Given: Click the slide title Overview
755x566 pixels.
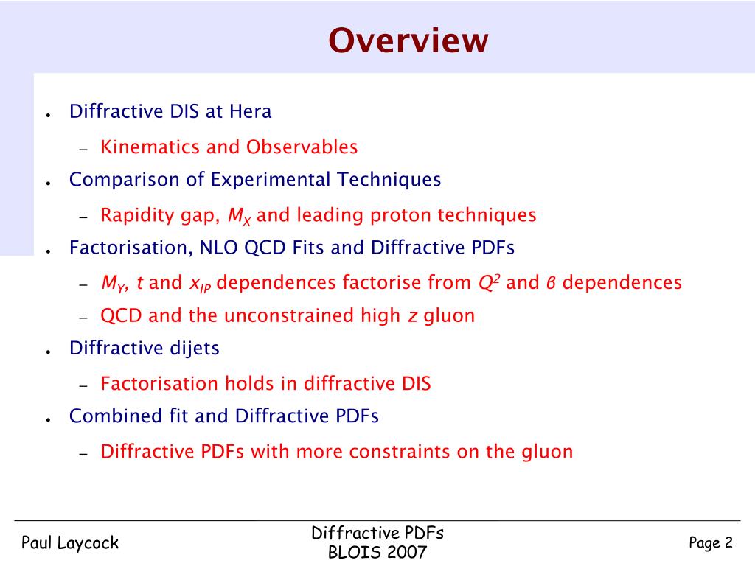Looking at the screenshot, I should (408, 41).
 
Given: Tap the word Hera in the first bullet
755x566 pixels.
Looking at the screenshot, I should (250, 111).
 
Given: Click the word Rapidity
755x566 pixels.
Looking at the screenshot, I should (130, 215).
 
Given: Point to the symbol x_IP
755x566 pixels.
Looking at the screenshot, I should (201, 284).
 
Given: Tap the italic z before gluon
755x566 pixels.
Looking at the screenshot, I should (413, 316).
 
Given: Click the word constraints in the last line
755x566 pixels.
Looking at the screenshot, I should (400, 451).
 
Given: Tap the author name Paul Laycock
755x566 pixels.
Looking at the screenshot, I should (69, 543).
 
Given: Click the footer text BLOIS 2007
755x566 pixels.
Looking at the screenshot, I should (377, 553).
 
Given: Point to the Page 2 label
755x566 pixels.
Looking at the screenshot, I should (711, 543).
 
